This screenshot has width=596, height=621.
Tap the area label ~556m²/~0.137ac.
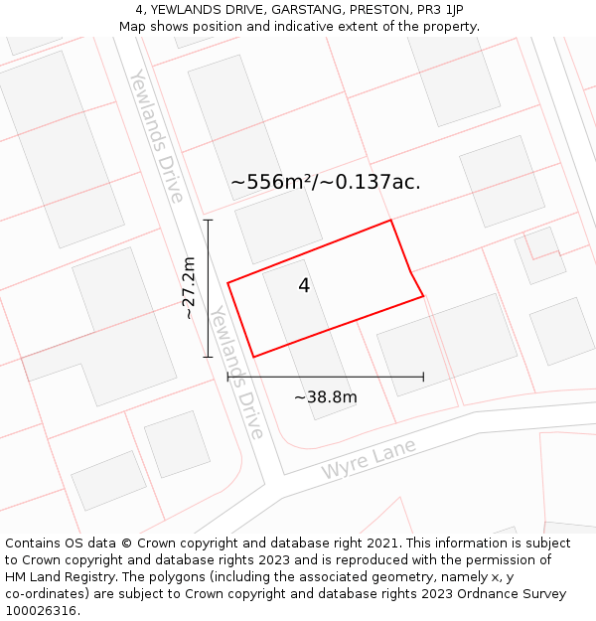[x=325, y=182]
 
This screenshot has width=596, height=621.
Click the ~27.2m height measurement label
[x=188, y=288]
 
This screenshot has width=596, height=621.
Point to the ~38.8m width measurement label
[x=325, y=397]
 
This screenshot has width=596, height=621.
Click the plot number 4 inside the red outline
[x=304, y=286]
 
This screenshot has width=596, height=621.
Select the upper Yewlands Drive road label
[x=157, y=136]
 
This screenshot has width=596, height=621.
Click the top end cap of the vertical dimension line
[x=208, y=220]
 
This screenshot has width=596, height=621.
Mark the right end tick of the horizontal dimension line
[x=424, y=377]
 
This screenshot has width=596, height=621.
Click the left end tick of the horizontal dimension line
[x=227, y=377]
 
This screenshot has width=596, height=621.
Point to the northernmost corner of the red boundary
[x=390, y=220]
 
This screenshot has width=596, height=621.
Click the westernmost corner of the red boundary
[x=227, y=283]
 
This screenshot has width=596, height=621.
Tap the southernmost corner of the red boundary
[x=254, y=357]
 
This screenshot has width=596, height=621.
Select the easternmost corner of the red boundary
[x=424, y=295]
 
